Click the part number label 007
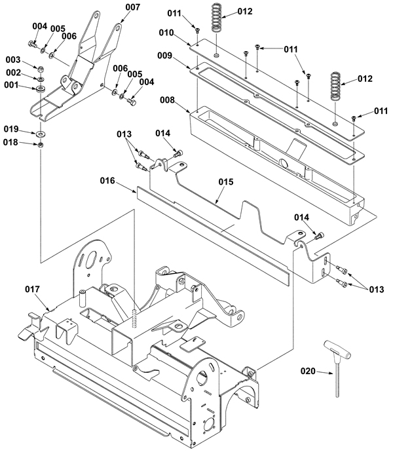(x=132, y=7)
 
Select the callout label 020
(x=308, y=371)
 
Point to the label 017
(x=32, y=289)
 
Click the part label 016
(x=107, y=181)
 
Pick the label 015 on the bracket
(x=226, y=182)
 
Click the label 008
(x=167, y=100)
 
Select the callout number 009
(x=165, y=56)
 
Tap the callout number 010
(x=166, y=33)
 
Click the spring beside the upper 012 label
(x=216, y=17)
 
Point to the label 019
(x=11, y=129)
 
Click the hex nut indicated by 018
(x=41, y=144)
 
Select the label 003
(x=13, y=60)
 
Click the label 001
(x=11, y=85)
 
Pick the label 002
(x=14, y=72)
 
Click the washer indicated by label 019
(x=41, y=134)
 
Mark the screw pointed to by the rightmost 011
(x=354, y=118)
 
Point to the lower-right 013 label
(x=377, y=290)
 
